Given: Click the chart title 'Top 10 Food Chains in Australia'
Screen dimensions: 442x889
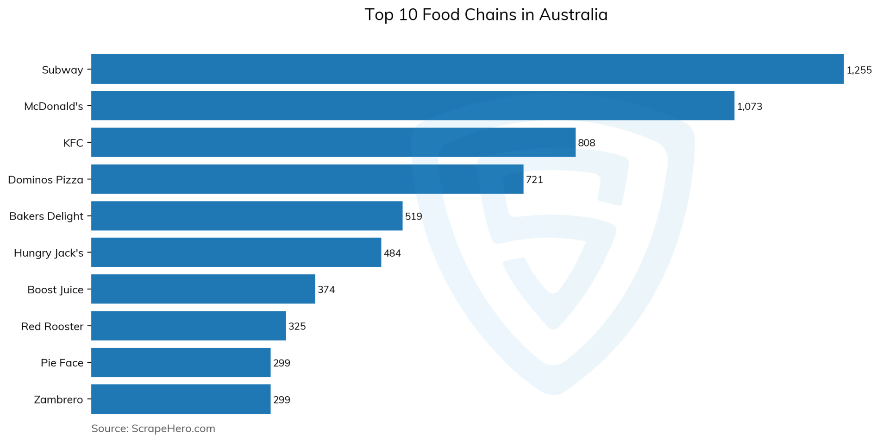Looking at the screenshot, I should click(x=486, y=15).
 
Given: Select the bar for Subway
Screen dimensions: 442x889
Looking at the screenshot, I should click(x=467, y=69).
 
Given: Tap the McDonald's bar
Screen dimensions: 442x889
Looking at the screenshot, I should click(x=413, y=106).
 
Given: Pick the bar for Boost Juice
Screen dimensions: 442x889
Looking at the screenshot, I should click(x=203, y=289).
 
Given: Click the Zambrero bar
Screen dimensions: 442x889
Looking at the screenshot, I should click(x=181, y=399).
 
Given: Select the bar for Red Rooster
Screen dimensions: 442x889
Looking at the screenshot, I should click(x=188, y=326).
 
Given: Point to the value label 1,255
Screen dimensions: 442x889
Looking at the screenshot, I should click(x=859, y=70).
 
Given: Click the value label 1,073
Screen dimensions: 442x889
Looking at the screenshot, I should click(x=749, y=107).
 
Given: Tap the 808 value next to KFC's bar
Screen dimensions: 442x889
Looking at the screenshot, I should click(x=586, y=143).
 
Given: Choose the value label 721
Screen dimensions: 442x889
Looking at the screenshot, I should click(x=534, y=179).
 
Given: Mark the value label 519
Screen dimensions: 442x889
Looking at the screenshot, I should click(x=413, y=216).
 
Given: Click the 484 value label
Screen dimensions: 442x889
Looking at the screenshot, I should click(x=392, y=253).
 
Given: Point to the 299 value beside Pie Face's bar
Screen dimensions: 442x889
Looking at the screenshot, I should click(x=282, y=363).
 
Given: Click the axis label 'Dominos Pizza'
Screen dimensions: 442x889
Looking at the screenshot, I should click(x=46, y=180).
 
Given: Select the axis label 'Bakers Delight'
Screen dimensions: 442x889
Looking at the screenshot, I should click(x=46, y=216).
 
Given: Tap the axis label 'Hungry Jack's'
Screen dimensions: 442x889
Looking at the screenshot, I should click(x=49, y=253).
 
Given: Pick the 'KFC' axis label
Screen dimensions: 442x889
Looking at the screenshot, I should click(x=73, y=143).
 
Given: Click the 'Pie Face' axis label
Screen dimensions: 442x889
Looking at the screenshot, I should click(x=62, y=363).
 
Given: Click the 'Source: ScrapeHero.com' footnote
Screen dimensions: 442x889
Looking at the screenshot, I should click(x=153, y=429).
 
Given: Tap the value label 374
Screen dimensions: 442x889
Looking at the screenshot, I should click(x=326, y=290).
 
